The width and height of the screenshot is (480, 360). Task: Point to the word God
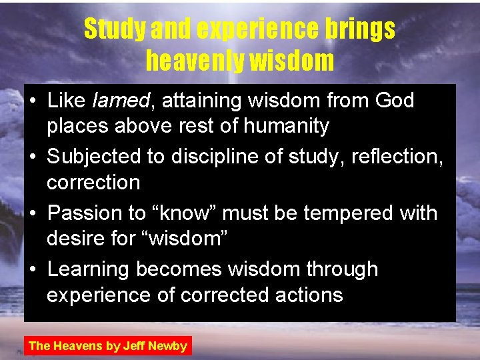click(395, 101)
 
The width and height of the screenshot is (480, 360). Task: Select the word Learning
click(89, 269)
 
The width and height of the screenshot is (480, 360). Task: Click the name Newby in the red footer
click(167, 345)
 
